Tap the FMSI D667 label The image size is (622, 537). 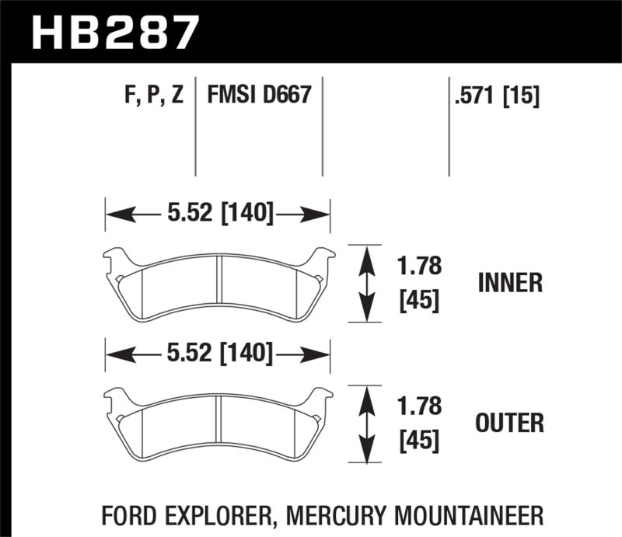pos(258,96)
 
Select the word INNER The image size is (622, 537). pos(510,283)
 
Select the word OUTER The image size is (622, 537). pos(510,424)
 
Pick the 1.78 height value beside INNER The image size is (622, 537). pos(419,267)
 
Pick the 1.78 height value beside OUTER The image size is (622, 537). pos(419,406)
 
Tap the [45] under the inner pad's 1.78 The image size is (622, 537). pos(419,299)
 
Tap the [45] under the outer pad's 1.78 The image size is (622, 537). pos(419,440)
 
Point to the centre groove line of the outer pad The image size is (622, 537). pos(218,427)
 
